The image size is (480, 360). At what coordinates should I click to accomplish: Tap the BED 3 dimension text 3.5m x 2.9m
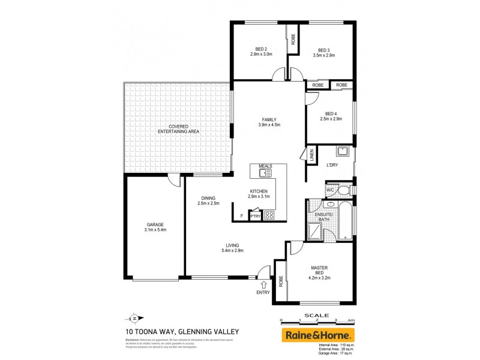(324, 55)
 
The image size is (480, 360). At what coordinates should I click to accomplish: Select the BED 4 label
(331, 114)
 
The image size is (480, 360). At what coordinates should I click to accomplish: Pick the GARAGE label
(155, 224)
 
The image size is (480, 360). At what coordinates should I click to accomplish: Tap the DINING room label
(208, 198)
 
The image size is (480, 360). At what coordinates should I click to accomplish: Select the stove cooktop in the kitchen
(269, 215)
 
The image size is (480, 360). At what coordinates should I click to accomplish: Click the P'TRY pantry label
(254, 216)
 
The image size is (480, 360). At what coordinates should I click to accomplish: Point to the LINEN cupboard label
(311, 154)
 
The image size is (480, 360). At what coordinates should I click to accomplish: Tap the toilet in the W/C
(343, 190)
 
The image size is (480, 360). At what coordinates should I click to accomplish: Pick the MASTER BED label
(319, 271)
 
